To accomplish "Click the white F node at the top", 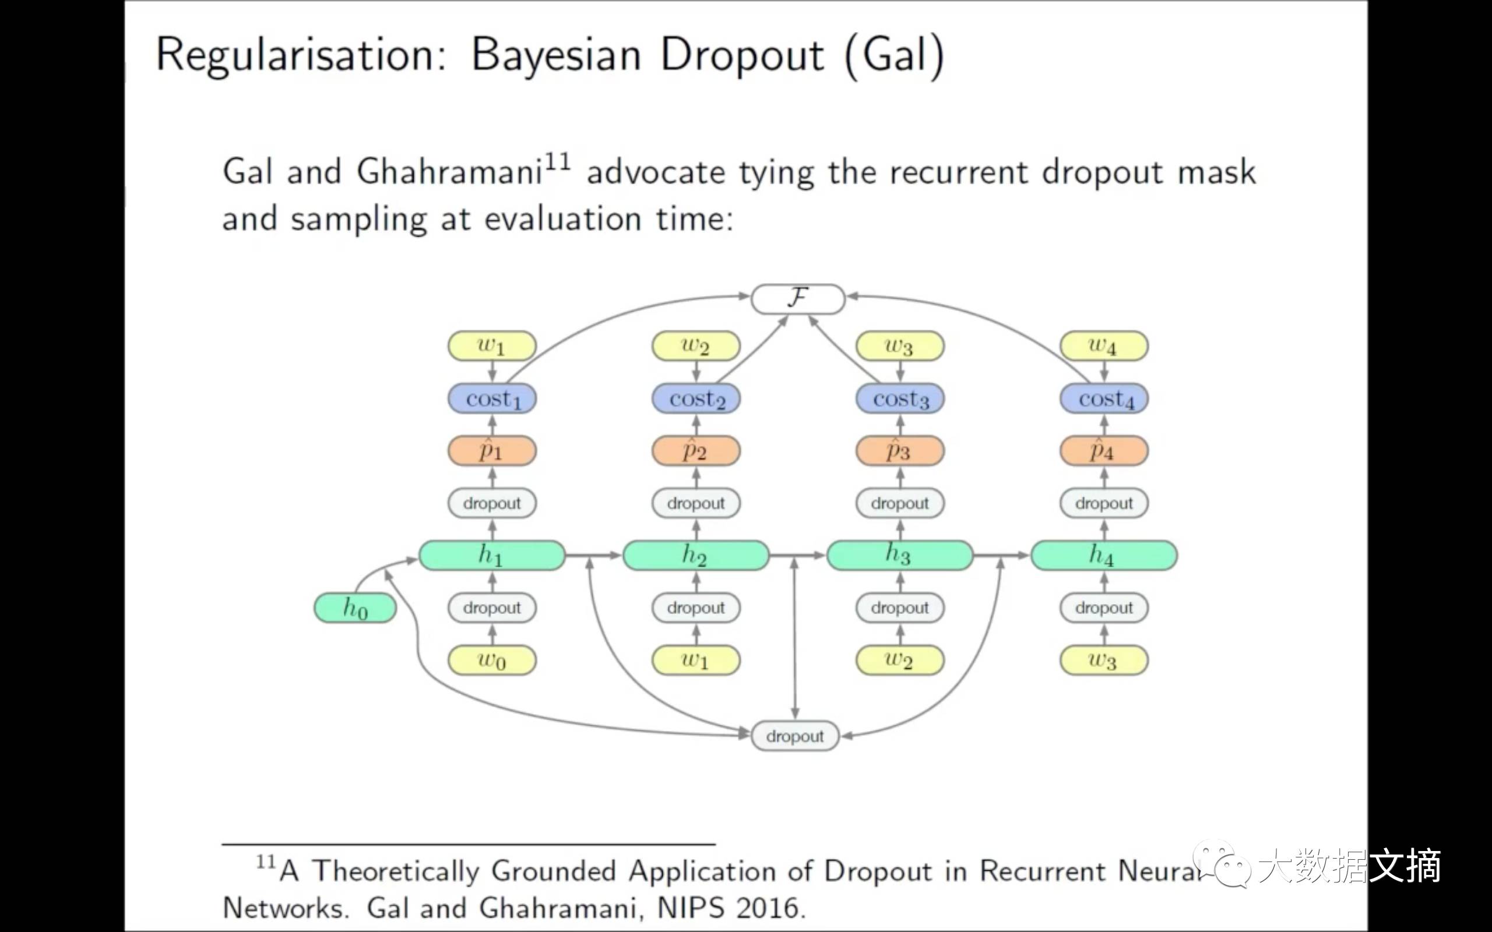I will click(797, 299).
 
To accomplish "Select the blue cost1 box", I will click(492, 399).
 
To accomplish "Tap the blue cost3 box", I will click(899, 399).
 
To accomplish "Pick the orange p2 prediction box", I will click(695, 451).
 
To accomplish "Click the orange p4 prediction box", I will click(1104, 451).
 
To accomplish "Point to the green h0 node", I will click(355, 608).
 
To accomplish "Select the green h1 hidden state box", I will click(492, 555).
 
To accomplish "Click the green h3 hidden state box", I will click(899, 555).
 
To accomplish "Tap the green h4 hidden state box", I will click(1104, 555).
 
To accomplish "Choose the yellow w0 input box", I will click(492, 661).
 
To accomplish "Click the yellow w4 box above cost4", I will click(1104, 346).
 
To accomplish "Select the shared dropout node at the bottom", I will click(795, 736).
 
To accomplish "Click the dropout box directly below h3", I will click(899, 608).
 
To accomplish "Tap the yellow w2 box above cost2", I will click(695, 346).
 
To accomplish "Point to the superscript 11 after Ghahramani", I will click(557, 162).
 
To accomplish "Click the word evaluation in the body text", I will click(562, 220).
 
